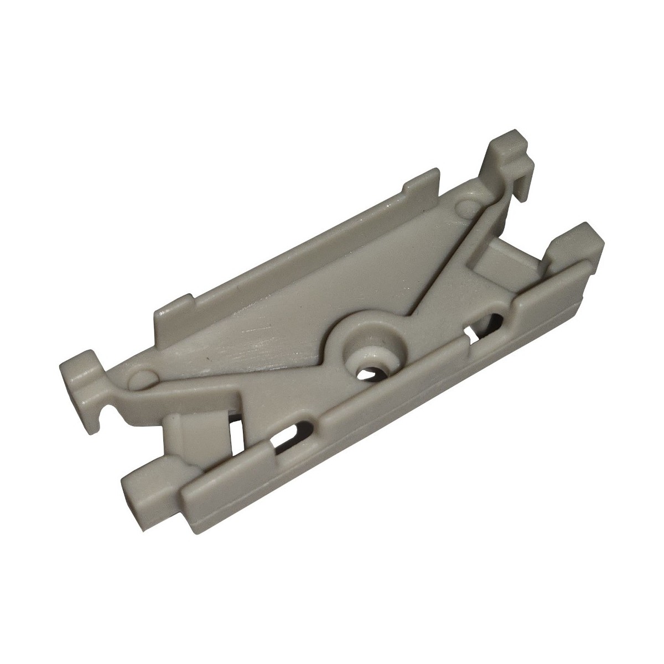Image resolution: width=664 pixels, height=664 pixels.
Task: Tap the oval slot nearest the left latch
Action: coord(286,440)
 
